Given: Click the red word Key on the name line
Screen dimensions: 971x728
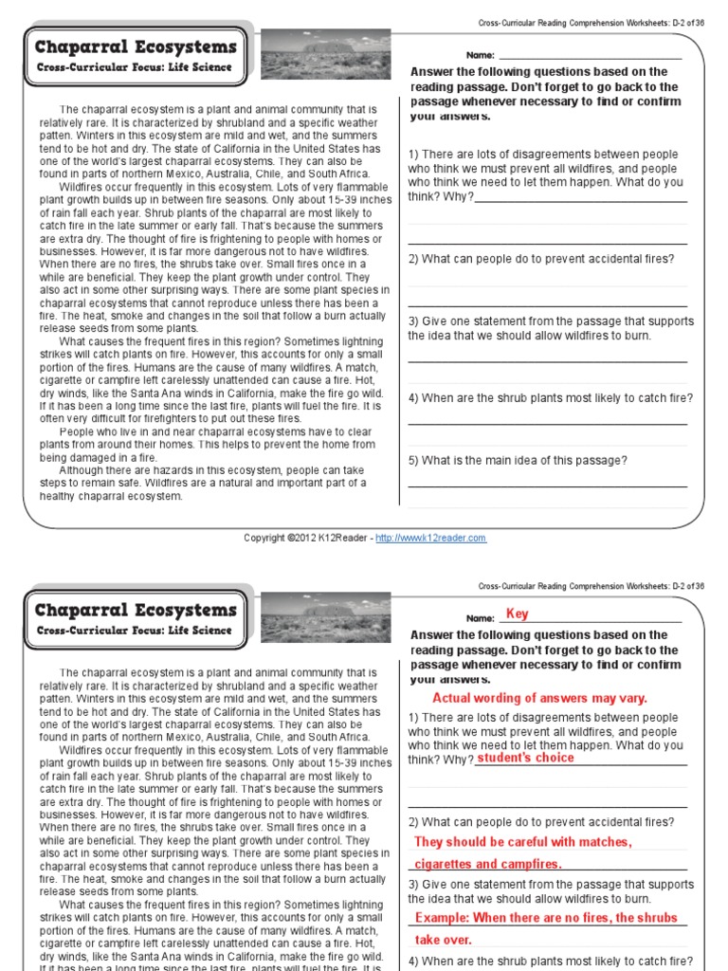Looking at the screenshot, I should click(517, 614).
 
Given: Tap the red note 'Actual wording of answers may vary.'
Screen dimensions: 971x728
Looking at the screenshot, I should click(539, 698).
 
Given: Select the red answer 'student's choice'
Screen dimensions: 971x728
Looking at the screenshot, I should click(525, 759).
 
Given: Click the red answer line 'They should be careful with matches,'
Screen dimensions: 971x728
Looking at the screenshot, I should click(523, 842).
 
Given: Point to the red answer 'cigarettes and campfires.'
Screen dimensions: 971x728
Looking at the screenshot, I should click(489, 864).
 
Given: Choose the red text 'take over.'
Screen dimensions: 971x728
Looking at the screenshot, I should click(444, 940).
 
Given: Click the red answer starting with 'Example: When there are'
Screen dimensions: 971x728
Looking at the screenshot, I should click(547, 918).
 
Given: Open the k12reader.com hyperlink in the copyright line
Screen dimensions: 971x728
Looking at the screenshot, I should click(430, 538).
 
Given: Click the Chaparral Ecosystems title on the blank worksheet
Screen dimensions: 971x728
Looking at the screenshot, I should click(136, 47).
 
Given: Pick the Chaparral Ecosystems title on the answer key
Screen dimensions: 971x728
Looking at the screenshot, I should click(136, 610).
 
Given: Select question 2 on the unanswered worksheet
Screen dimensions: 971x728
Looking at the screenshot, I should click(541, 259).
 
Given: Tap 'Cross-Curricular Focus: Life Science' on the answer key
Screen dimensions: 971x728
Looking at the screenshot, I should click(134, 631).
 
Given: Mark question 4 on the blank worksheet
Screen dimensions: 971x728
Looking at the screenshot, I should click(550, 398).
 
